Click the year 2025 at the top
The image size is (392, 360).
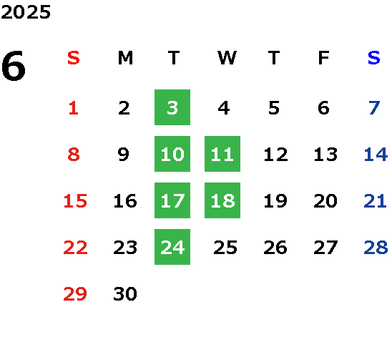click(x=26, y=12)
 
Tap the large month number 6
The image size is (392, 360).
click(x=14, y=66)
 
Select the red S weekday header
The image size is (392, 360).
click(x=74, y=58)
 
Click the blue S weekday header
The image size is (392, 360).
click(x=374, y=58)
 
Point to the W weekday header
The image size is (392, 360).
click(x=227, y=58)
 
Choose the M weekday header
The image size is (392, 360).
click(x=125, y=58)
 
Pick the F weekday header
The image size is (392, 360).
click(x=324, y=58)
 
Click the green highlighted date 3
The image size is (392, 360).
click(x=172, y=107)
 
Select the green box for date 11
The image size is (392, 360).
click(x=222, y=154)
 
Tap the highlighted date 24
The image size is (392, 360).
click(x=172, y=247)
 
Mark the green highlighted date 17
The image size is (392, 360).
click(x=172, y=200)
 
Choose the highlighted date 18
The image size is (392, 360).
click(x=222, y=200)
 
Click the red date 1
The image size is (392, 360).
click(x=74, y=108)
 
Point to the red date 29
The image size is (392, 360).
click(x=75, y=293)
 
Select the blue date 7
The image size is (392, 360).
click(x=374, y=108)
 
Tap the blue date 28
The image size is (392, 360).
click(x=376, y=248)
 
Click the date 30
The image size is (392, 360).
click(x=125, y=293)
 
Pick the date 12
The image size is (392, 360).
click(x=275, y=155)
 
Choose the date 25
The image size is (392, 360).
click(x=225, y=248)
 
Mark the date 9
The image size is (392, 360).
click(x=124, y=155)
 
